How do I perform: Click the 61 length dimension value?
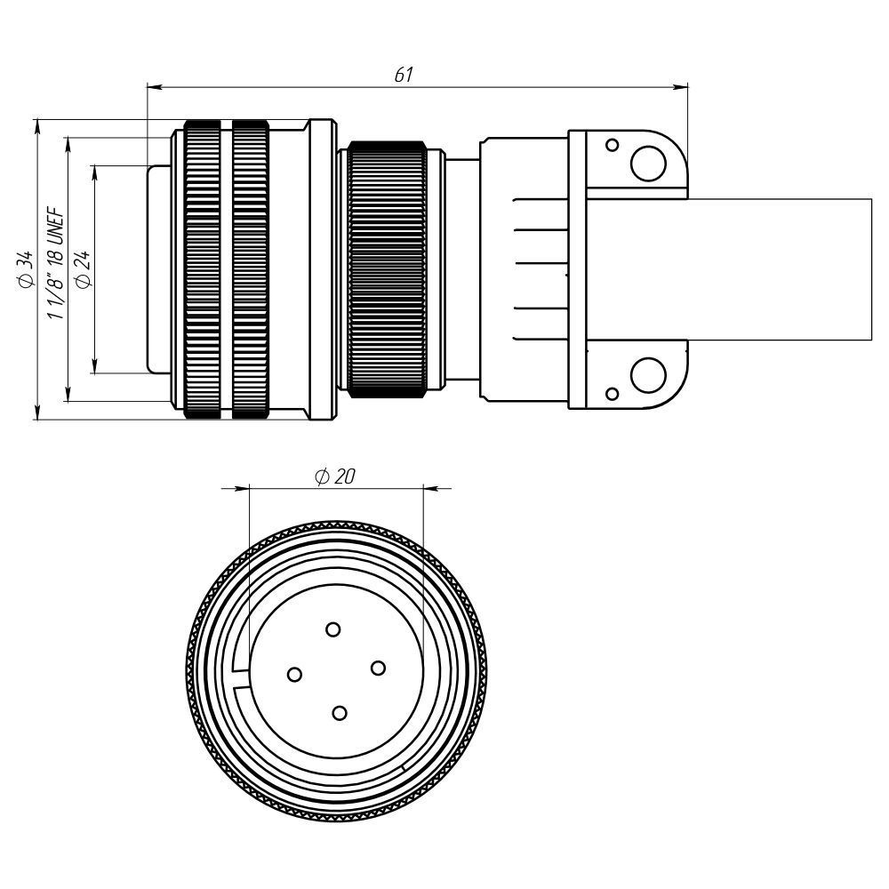click(x=404, y=76)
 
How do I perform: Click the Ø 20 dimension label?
click(x=335, y=477)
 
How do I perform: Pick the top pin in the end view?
click(x=332, y=630)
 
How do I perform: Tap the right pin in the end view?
click(x=377, y=668)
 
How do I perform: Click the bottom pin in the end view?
click(x=339, y=713)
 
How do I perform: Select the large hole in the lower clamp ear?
click(x=648, y=375)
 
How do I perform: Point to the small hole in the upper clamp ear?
click(x=612, y=145)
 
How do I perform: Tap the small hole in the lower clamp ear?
click(x=612, y=394)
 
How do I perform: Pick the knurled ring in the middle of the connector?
click(x=387, y=268)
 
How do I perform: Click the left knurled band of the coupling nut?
click(x=202, y=268)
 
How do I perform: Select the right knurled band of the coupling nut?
click(x=250, y=268)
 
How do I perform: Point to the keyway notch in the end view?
click(x=238, y=677)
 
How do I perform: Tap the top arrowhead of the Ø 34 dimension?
click(x=37, y=124)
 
